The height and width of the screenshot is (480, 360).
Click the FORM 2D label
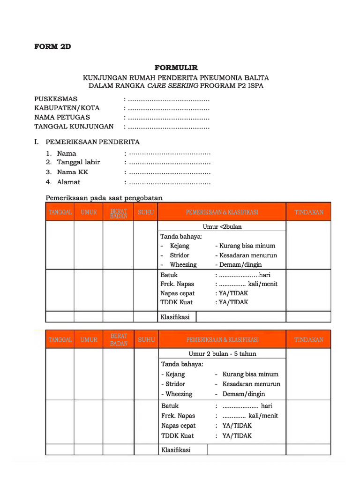coord(52,47)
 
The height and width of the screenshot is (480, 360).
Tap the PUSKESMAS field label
coord(56,99)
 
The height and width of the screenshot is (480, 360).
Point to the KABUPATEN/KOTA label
coord(67,108)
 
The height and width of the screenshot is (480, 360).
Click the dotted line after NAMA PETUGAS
coord(168,118)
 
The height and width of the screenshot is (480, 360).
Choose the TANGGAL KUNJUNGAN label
coord(74,127)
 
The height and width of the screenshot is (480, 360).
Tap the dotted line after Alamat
coord(169,182)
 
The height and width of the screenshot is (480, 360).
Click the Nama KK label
coord(73,172)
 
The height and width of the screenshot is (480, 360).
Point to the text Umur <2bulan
coord(222,227)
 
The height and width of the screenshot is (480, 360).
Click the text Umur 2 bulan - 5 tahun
coord(222,354)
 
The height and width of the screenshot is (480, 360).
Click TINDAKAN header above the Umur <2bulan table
coord(308,212)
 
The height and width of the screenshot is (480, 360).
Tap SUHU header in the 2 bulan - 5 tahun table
coord(146,339)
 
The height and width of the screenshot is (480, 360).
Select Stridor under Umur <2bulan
coord(180,255)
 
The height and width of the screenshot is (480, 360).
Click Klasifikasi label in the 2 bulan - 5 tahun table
coord(176,450)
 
